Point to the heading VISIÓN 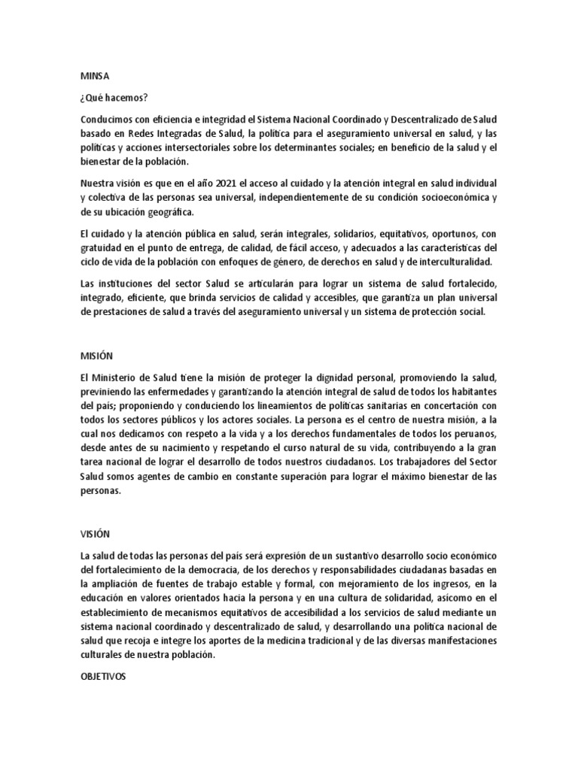[x=95, y=534]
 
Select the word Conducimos [x=108, y=120]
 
